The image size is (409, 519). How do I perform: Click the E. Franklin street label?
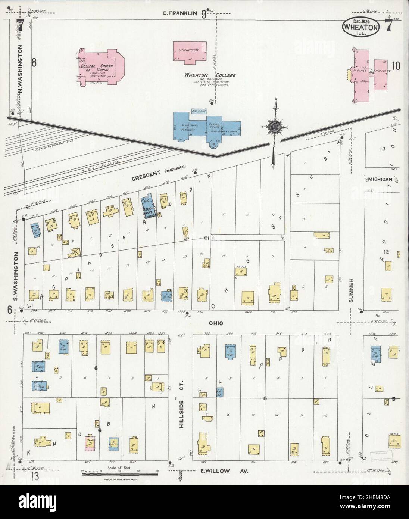(180, 14)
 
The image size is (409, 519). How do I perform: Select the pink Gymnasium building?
(190, 52)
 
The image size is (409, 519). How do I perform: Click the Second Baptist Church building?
(148, 207)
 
